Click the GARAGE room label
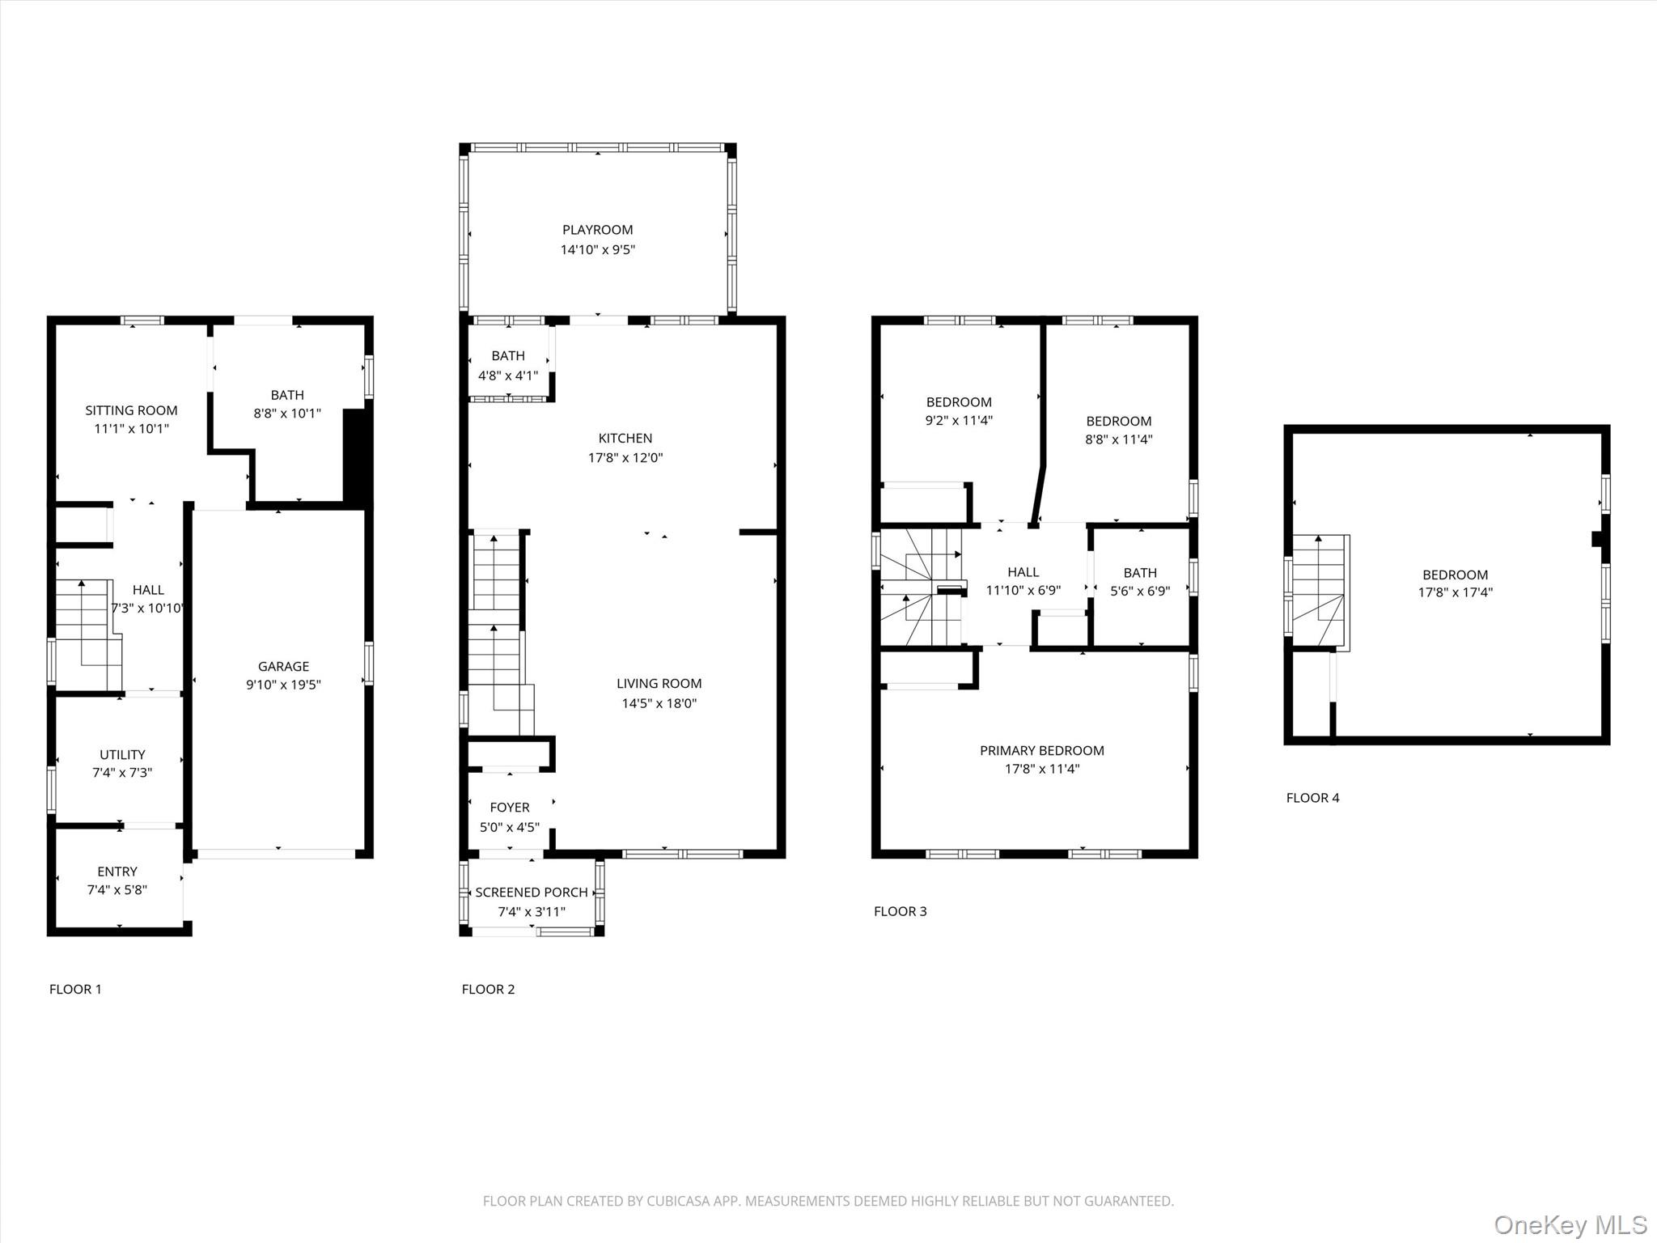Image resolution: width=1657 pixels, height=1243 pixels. point(283,666)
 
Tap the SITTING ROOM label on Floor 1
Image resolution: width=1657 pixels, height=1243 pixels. point(131,410)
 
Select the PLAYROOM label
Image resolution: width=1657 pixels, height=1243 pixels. point(597,230)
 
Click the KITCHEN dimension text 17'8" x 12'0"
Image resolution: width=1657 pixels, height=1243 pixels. point(625,457)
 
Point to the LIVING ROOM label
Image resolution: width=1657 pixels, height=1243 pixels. point(659,684)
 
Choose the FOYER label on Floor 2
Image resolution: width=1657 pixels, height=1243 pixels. point(510,808)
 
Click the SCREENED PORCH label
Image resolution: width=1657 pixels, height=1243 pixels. point(531,892)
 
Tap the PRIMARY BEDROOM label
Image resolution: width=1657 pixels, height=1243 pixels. point(1041,750)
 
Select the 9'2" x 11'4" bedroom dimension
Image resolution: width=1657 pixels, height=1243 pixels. point(959,421)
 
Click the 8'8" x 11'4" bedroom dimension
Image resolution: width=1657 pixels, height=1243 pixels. point(1118,439)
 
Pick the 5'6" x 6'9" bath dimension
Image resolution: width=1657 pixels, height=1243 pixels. point(1139,591)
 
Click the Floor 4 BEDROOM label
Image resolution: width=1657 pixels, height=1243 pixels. point(1455,575)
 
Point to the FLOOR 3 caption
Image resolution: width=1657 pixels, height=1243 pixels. point(900,911)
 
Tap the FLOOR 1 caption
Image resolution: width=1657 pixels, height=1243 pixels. point(75,989)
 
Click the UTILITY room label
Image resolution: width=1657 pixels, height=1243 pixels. point(122,754)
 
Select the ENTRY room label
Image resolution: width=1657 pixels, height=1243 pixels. point(117,872)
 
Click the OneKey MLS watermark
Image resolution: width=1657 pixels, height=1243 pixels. point(1570,1224)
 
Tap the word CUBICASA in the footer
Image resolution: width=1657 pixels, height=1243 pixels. point(678,1201)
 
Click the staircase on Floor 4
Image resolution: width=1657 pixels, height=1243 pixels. point(1319,591)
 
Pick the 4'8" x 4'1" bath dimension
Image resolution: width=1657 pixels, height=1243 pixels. point(508,375)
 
